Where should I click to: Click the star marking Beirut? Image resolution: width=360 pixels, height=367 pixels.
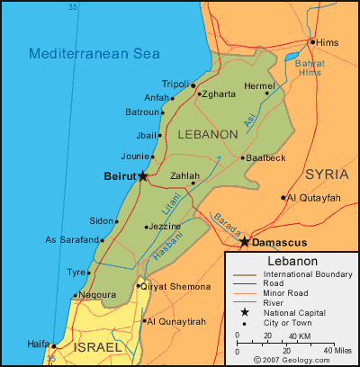coord(143,176)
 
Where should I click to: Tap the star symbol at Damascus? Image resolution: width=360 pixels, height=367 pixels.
coord(244,242)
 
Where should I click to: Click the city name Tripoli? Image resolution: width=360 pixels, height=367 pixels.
coord(176,84)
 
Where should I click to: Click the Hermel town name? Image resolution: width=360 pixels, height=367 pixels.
coord(259,85)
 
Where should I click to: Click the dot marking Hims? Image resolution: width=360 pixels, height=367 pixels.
coord(312,41)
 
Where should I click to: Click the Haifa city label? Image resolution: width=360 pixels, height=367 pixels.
coord(39,343)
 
